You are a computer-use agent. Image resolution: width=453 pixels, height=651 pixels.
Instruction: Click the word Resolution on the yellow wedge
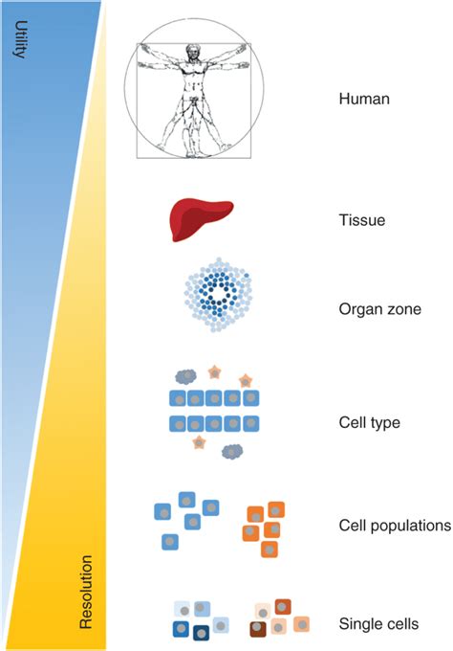[85, 591]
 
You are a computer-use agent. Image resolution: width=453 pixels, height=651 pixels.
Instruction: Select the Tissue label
[360, 221]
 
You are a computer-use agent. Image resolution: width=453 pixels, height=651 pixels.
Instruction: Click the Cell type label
[369, 422]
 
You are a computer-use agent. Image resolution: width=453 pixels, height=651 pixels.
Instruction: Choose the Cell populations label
[394, 526]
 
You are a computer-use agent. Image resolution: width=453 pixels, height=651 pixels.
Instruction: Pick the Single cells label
[378, 625]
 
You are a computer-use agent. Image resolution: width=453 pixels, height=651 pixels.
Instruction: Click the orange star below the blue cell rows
[198, 442]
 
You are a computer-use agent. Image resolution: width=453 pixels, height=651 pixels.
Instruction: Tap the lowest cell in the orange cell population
[270, 550]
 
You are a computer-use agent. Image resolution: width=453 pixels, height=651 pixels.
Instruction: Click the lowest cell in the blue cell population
[169, 542]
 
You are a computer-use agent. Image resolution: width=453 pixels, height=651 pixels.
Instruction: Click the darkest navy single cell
[203, 632]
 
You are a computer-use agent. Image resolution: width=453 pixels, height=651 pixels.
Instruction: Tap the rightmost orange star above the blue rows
[246, 381]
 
